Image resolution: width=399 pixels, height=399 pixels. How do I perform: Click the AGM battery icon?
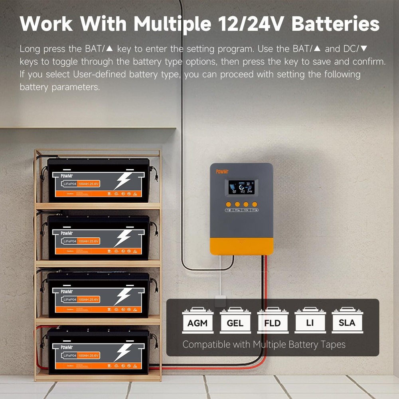(x=198, y=320)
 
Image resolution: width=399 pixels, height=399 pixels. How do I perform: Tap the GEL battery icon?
(x=235, y=320)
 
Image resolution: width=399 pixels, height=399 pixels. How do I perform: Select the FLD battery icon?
(x=273, y=320)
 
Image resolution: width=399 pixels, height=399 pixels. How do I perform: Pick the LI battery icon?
(x=310, y=320)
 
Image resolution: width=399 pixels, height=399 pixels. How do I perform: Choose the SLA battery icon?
(x=347, y=320)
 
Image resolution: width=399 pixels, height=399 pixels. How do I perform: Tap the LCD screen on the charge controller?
(x=241, y=187)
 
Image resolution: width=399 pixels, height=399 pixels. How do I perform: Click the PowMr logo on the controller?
(x=221, y=172)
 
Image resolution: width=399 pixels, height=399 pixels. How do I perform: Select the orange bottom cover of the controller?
(x=241, y=245)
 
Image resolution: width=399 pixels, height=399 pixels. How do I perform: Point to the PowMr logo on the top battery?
(x=67, y=176)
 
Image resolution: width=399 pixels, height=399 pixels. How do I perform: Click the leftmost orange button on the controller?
(x=228, y=204)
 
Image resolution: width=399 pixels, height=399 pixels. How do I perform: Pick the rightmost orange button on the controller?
(x=255, y=204)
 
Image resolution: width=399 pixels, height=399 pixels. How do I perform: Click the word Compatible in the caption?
(x=206, y=344)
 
